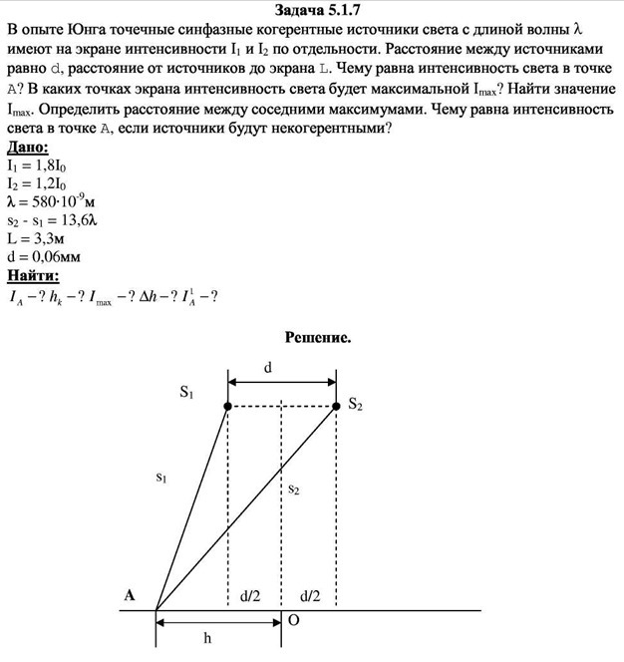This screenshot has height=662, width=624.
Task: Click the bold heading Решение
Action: [318, 338]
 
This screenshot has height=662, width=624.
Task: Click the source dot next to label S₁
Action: [228, 406]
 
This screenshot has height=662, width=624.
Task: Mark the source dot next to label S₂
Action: [335, 406]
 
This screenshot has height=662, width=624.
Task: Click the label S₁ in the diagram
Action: [186, 394]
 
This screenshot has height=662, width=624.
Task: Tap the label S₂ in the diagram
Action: [355, 405]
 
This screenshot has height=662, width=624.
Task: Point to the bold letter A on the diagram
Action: [130, 595]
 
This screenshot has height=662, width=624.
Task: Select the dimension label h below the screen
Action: [207, 638]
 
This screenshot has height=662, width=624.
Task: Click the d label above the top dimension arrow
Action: [268, 367]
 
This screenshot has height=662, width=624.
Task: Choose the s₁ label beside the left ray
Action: [162, 480]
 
